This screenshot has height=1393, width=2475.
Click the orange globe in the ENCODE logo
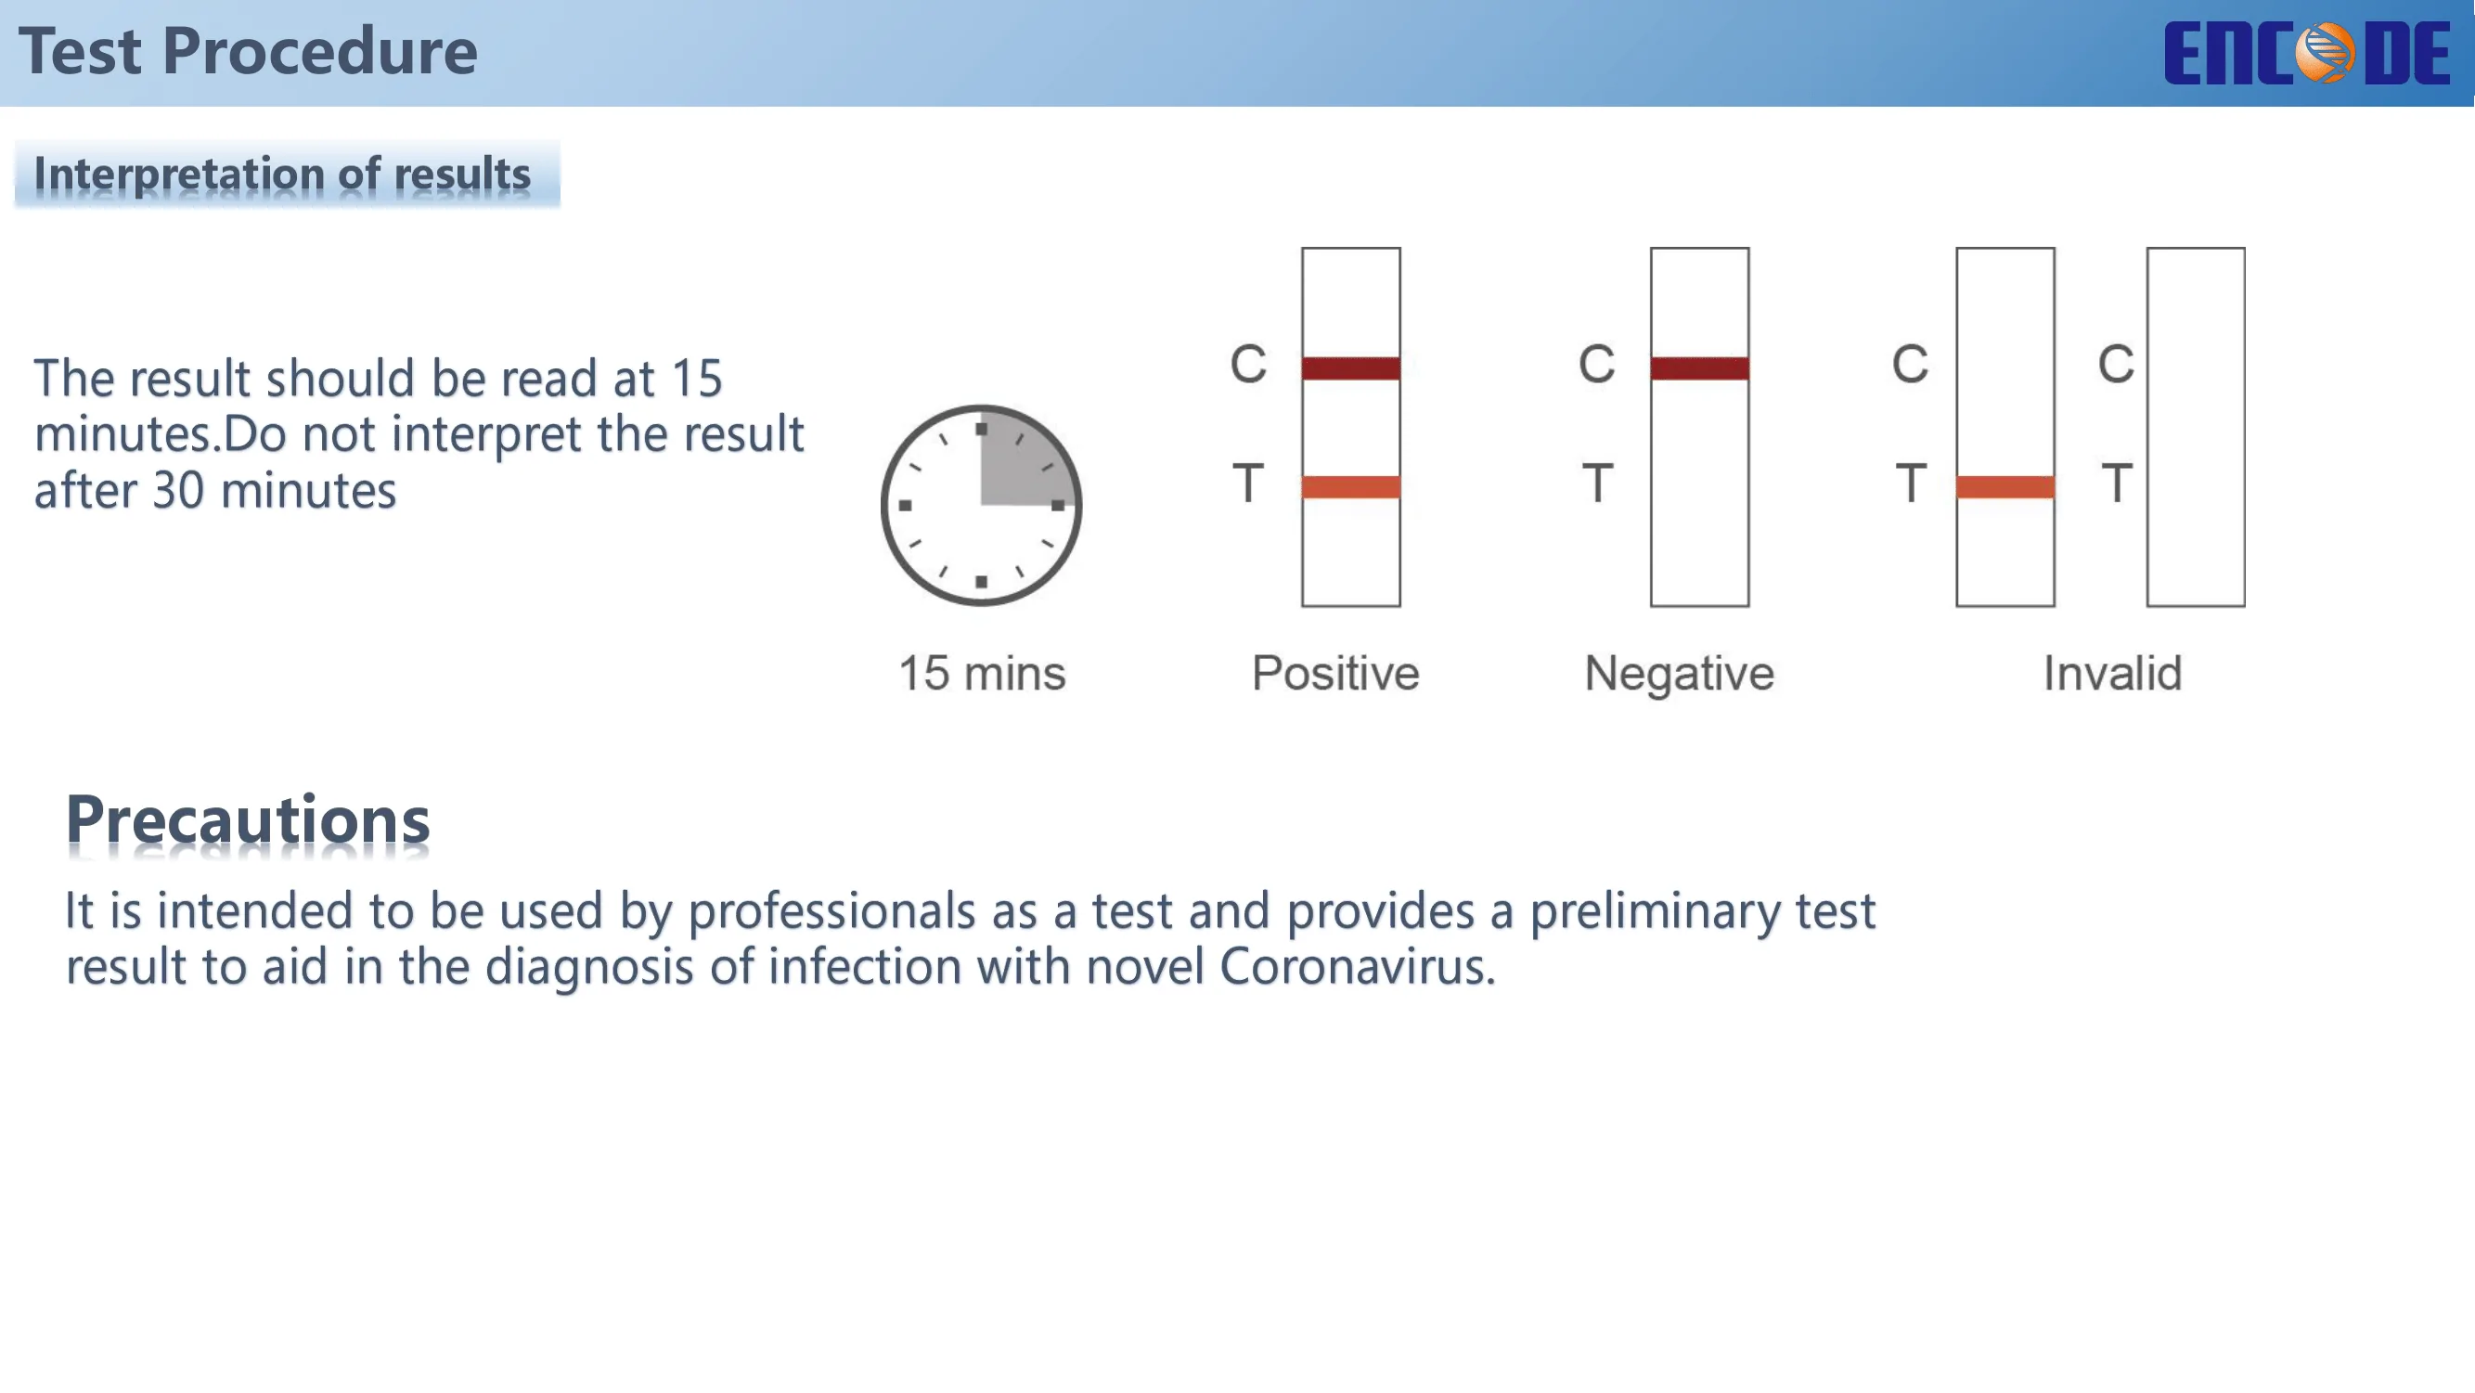(2325, 53)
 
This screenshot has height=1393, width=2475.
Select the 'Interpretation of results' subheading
(282, 174)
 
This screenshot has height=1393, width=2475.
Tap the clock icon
(981, 506)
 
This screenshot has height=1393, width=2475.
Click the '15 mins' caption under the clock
(982, 673)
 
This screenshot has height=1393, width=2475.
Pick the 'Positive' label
(1335, 673)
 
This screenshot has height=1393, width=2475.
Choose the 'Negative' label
(1680, 673)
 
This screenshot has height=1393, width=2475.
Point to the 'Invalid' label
(2113, 673)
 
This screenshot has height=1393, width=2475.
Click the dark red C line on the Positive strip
(1351, 368)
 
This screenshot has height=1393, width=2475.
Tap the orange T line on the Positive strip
(1351, 487)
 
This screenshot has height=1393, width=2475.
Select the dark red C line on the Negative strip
(1699, 368)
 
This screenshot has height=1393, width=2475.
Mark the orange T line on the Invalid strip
(2006, 487)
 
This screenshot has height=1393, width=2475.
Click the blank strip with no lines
(2197, 427)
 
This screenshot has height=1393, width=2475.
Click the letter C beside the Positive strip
(1249, 364)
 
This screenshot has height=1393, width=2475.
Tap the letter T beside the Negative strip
(1598, 483)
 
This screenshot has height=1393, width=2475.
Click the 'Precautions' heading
(248, 820)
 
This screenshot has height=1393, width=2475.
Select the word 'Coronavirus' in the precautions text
(1358, 966)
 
